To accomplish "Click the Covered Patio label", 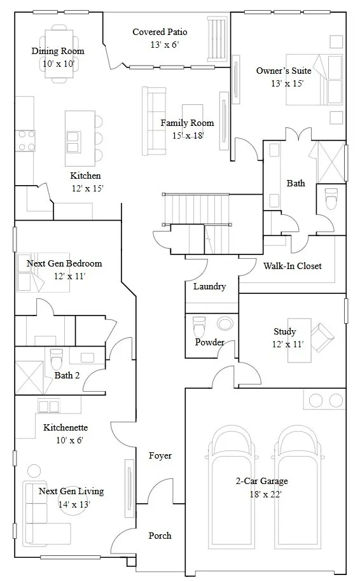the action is [x=160, y=32].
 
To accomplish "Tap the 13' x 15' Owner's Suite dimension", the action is [x=287, y=83].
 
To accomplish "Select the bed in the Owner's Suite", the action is [x=314, y=80].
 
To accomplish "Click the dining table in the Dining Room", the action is [x=57, y=54].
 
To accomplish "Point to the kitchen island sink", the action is [x=73, y=142].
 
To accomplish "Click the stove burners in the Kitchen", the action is [x=25, y=141].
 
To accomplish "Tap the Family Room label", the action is [x=187, y=123].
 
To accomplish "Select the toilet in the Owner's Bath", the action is [x=331, y=198].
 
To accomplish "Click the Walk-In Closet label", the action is [x=293, y=266].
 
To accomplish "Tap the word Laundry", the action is [x=210, y=286].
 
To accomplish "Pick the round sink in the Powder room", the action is [x=225, y=323].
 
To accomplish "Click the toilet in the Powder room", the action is [x=199, y=327].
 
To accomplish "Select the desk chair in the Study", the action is [x=322, y=337].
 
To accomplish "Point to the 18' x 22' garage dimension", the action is [x=266, y=494].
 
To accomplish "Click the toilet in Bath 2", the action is [x=57, y=359].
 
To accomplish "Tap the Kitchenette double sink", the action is [x=48, y=406].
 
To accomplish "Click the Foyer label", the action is [x=160, y=455].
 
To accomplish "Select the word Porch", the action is [x=160, y=536].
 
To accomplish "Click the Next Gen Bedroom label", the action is [x=64, y=263].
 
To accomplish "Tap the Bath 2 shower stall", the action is [x=29, y=377].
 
